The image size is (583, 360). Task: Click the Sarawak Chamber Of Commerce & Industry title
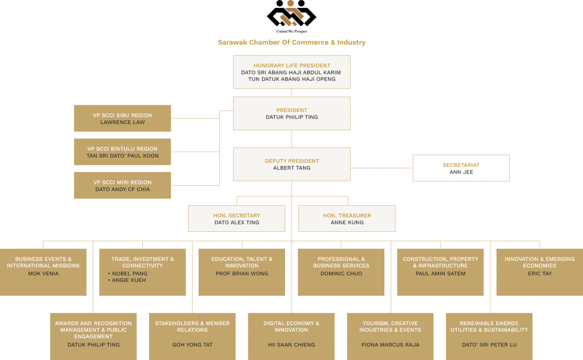291,42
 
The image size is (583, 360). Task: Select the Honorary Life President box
291,72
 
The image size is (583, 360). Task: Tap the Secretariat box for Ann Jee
461,168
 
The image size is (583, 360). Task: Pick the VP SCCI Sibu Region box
122,119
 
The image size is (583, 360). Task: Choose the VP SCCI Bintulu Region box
122,152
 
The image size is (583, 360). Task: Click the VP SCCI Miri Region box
122,186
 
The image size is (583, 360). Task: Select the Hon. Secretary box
237,218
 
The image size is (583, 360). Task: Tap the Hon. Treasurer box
347,218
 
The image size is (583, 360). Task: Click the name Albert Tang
291,168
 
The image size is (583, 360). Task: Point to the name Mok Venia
43,274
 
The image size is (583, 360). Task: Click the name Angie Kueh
129,281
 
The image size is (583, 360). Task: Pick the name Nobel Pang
130,274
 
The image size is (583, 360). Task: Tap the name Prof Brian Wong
242,274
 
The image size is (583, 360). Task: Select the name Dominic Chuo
341,274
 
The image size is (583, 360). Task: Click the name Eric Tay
540,274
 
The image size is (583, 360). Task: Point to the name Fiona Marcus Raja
390,345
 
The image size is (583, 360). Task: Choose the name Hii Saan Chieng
291,345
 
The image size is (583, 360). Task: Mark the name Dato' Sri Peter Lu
489,345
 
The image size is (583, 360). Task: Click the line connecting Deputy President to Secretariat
381,168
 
